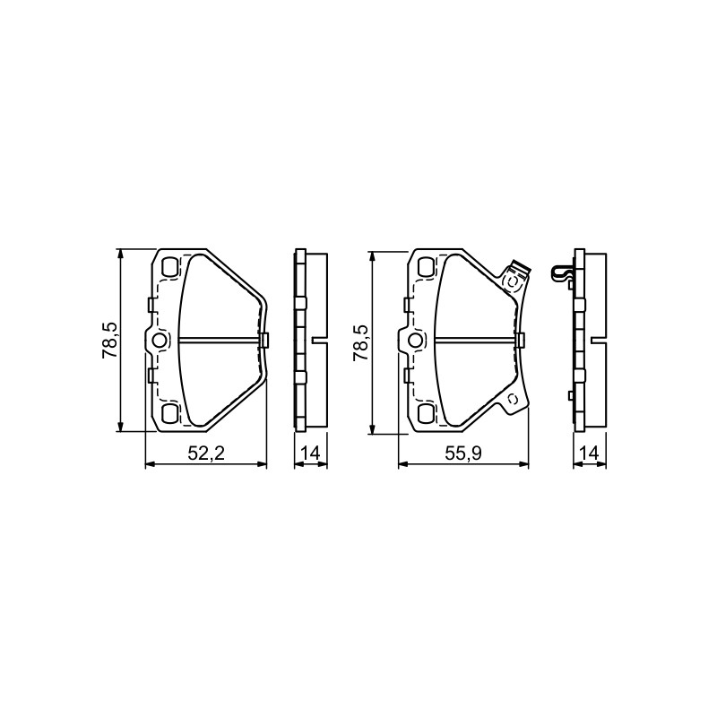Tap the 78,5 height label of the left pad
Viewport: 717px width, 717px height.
point(110,341)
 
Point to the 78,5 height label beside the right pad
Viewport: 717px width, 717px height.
point(360,343)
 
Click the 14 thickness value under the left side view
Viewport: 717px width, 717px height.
point(310,454)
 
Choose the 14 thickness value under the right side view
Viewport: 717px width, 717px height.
point(590,454)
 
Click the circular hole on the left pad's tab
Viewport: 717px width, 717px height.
point(160,341)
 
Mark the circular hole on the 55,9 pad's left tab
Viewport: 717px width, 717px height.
point(416,341)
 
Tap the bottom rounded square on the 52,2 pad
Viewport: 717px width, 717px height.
point(170,413)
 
